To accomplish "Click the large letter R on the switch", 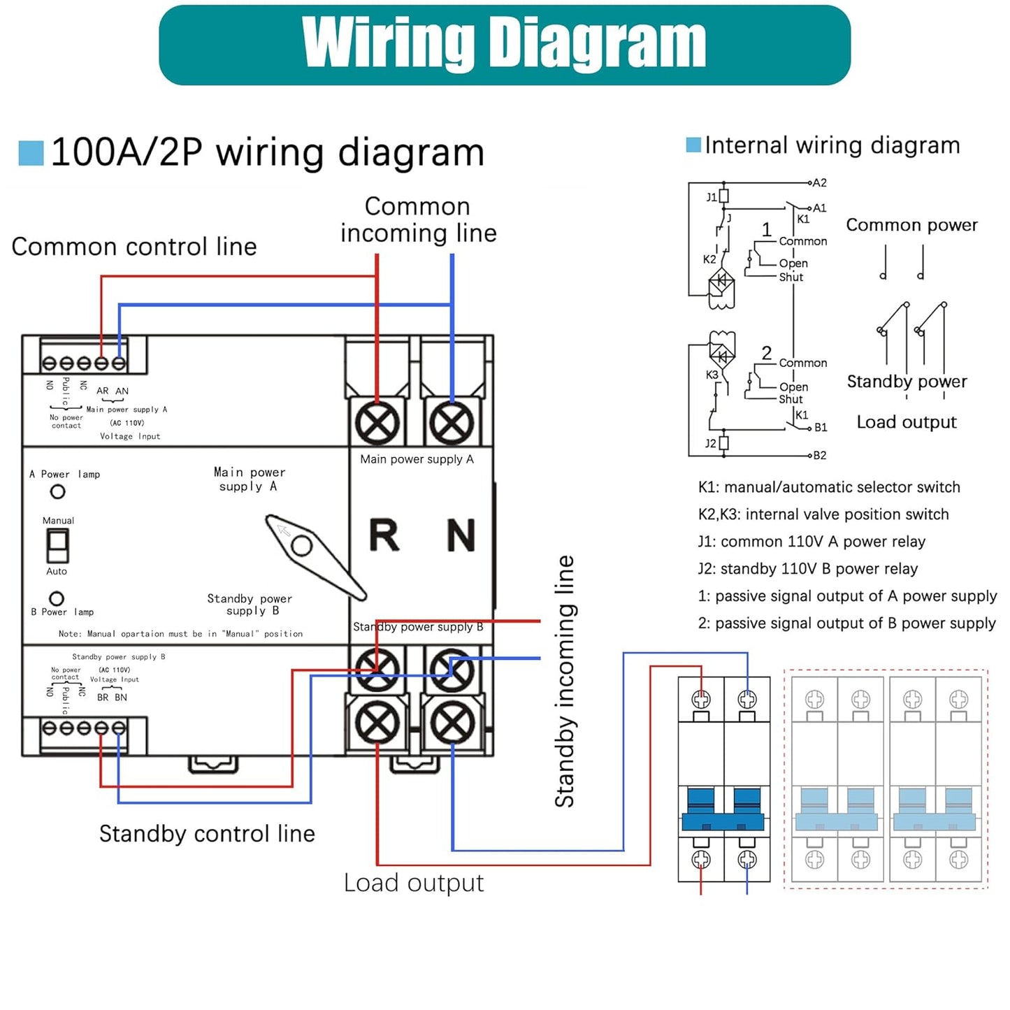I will (x=384, y=535).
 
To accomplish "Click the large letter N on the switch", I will (x=461, y=535).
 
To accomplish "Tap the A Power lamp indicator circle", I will (x=58, y=491).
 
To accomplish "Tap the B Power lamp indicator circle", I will (x=57, y=598).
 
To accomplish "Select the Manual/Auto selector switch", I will (x=57, y=546).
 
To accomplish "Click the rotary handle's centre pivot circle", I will (x=301, y=545).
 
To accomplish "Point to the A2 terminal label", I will (x=820, y=183).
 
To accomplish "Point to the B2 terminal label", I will (x=820, y=456).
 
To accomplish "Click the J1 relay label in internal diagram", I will (x=712, y=197).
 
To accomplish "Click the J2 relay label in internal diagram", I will (x=711, y=443).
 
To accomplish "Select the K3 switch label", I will (x=712, y=375).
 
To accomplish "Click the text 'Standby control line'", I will (x=207, y=834).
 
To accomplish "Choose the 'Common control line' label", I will (x=134, y=247).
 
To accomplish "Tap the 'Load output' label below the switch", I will (x=414, y=883).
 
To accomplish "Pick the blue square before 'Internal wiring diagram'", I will (x=693, y=145).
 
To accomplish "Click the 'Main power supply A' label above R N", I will (x=417, y=459).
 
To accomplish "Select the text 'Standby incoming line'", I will (x=564, y=681).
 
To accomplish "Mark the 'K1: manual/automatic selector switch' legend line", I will (x=829, y=487).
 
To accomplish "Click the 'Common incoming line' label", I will (x=418, y=219).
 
